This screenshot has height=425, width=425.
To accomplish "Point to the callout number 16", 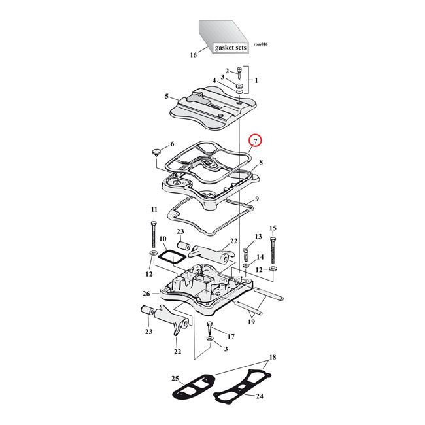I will coord(193,55).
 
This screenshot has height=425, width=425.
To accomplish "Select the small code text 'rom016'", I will coord(260,44).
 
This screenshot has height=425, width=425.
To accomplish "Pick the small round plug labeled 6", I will coord(156,152).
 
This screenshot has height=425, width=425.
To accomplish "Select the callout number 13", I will coord(258,236).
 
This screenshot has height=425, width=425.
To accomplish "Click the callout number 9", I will coord(257,199).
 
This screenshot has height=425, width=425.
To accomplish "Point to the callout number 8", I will coord(260,162).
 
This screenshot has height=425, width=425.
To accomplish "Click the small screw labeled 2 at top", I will coord(240,73).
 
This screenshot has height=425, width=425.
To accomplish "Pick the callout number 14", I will coord(260,257).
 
